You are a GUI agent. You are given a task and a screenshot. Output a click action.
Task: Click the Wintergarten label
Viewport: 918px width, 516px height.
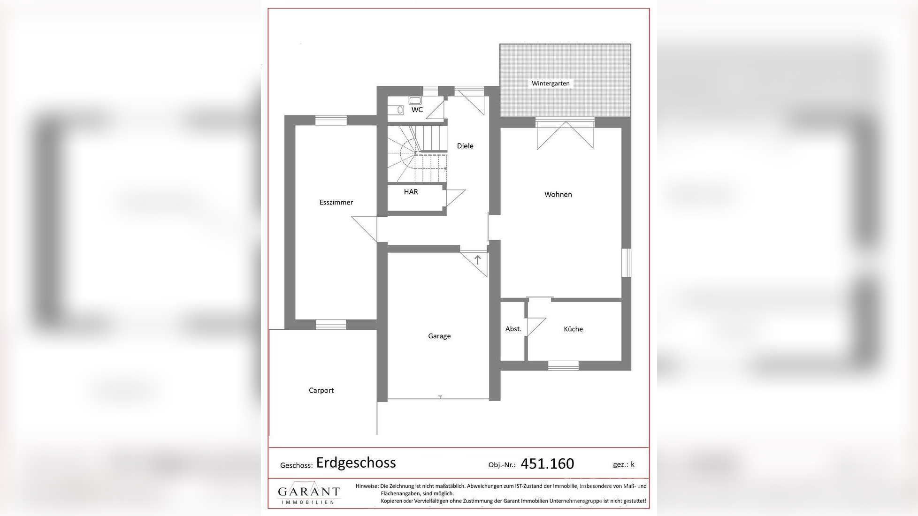tap(551, 83)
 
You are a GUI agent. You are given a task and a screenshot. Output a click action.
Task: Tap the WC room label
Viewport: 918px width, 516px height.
tap(417, 110)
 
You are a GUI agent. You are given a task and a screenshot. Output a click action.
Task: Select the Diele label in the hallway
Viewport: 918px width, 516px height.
tap(465, 146)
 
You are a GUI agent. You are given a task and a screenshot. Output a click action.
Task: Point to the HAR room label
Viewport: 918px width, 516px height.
tap(411, 192)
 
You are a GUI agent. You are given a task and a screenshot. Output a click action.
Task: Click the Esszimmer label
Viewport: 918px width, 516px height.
tap(336, 202)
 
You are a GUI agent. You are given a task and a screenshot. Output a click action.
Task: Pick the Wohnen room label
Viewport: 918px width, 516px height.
tap(558, 194)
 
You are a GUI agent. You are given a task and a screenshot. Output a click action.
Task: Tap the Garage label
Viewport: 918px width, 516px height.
tap(439, 336)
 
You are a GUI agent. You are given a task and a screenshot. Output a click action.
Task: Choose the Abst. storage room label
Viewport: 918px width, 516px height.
tap(513, 329)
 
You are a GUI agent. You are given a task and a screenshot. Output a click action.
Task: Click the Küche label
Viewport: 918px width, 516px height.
tap(573, 329)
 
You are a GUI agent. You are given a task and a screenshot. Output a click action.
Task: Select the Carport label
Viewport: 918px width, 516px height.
tap(321, 390)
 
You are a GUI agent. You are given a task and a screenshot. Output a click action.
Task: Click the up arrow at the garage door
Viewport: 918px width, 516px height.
tap(478, 259)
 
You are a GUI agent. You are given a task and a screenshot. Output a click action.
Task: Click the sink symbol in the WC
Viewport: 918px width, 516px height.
tap(415, 100)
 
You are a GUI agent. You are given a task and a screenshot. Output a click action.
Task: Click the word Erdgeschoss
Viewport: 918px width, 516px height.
tap(356, 463)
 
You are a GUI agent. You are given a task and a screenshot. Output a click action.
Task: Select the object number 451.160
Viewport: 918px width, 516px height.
tap(547, 463)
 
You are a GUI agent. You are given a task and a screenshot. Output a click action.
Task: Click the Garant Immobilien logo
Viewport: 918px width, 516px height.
tap(308, 493)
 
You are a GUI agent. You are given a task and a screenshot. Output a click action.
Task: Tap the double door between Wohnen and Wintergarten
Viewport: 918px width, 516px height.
tap(565, 135)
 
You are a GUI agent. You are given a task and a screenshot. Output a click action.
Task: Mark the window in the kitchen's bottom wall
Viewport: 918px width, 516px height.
tap(563, 365)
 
